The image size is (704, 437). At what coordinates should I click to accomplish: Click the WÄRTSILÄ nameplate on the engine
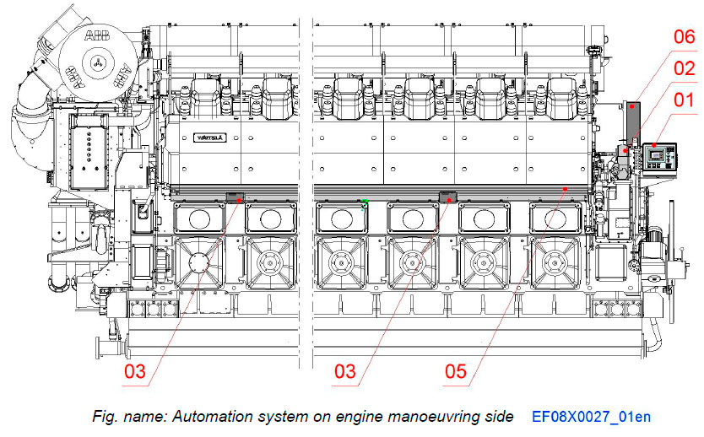click(x=206, y=136)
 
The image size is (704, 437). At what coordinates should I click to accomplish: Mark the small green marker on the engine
click(x=364, y=202)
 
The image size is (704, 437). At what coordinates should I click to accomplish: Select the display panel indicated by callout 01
click(x=655, y=157)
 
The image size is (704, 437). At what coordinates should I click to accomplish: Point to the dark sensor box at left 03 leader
click(x=236, y=198)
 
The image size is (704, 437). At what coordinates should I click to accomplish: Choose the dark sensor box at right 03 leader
click(x=447, y=197)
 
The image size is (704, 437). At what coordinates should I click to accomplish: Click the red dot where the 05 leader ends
click(x=565, y=187)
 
